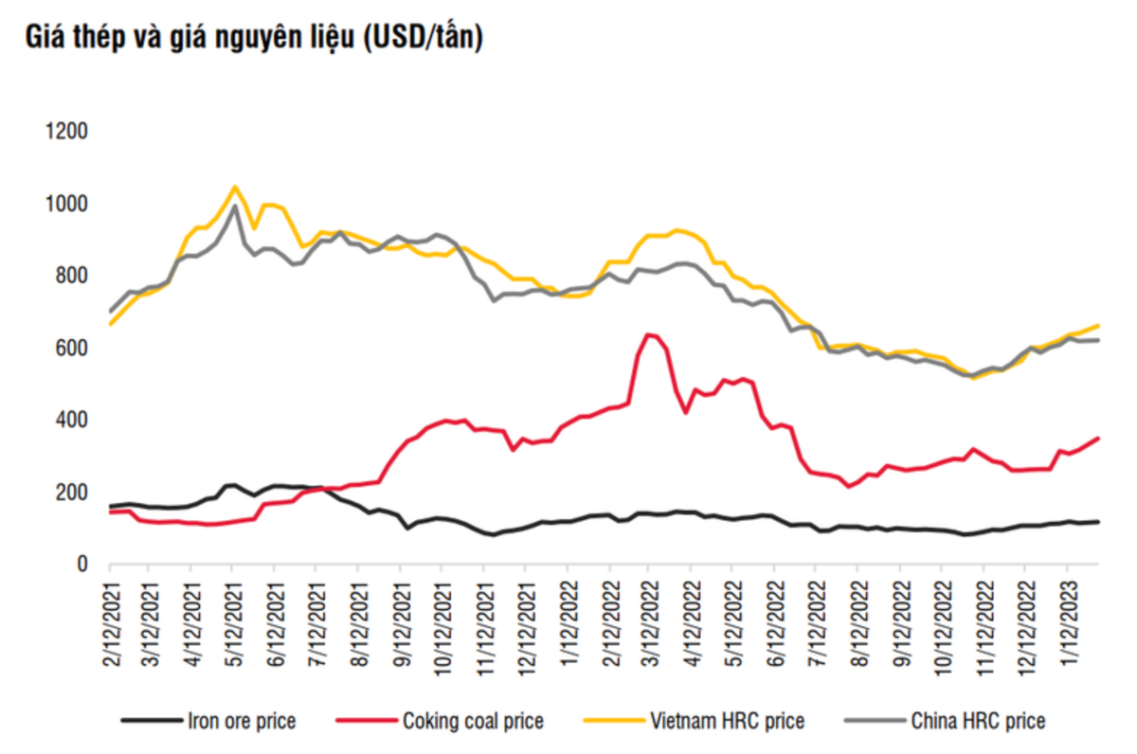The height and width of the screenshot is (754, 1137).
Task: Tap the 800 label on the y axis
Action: click(x=71, y=277)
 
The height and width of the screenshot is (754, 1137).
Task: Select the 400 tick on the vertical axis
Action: click(x=71, y=421)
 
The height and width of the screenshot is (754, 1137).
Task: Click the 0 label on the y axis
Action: click(x=82, y=565)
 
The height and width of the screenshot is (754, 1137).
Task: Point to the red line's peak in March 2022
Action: click(x=649, y=333)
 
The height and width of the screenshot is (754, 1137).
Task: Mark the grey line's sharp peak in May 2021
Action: click(x=234, y=206)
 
